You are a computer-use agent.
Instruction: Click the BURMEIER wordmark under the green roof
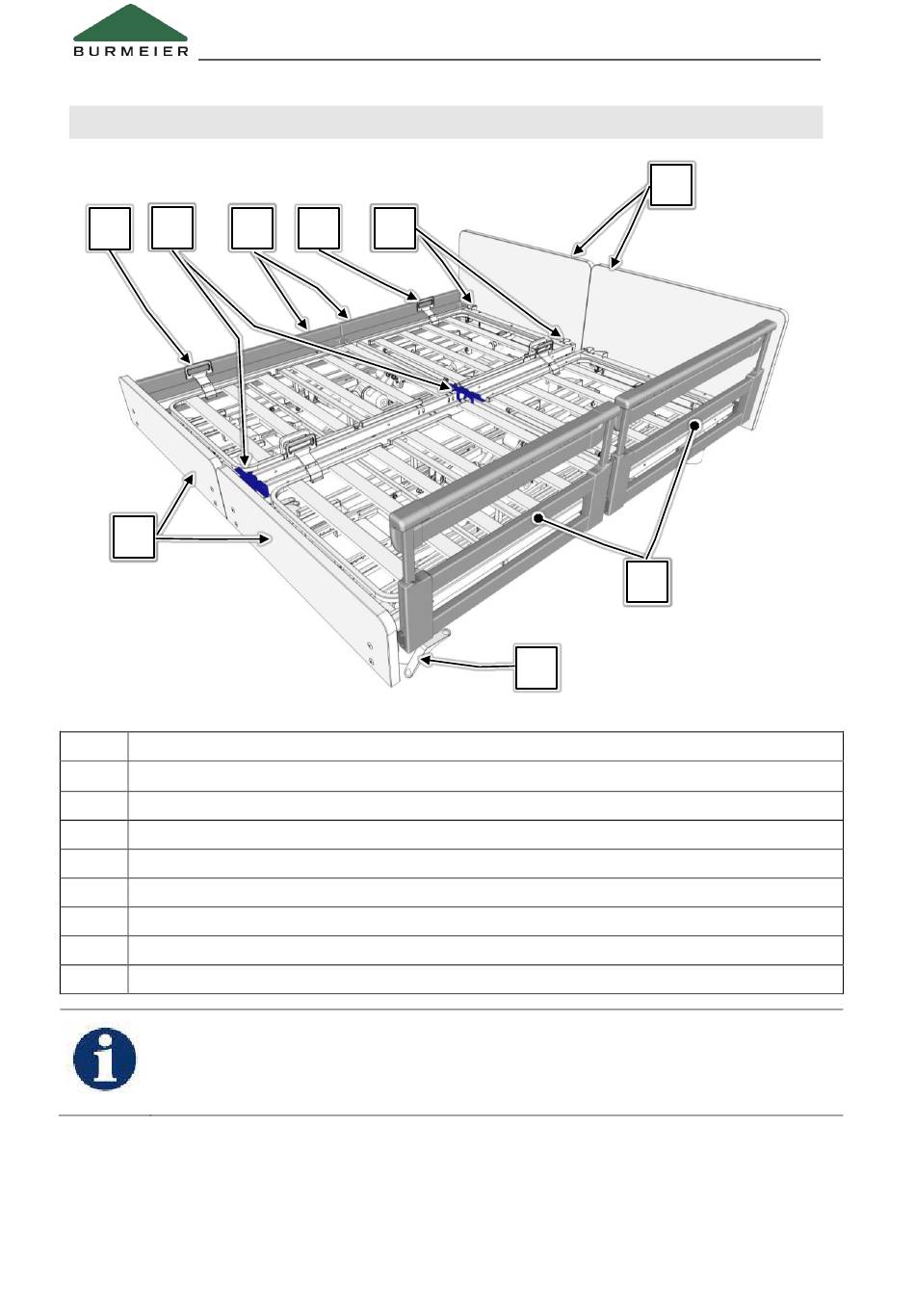click(x=131, y=51)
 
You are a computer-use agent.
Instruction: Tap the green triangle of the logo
click(x=130, y=22)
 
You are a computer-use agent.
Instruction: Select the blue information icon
click(x=105, y=1059)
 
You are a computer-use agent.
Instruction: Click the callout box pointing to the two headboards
click(x=671, y=185)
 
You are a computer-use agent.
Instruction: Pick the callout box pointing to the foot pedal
click(x=536, y=668)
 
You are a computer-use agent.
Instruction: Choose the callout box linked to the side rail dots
click(x=647, y=582)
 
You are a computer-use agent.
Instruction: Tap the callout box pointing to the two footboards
click(x=133, y=537)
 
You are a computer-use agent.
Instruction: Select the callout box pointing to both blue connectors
click(x=171, y=227)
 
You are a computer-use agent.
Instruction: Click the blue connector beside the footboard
click(x=251, y=481)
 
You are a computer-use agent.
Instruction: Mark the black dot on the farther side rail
click(x=694, y=426)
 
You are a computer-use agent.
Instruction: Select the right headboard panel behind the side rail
click(x=690, y=327)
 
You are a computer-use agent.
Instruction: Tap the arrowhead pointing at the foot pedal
click(x=426, y=661)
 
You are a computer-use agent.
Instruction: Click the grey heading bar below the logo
click(x=446, y=122)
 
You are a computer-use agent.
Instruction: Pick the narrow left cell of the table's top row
click(x=94, y=746)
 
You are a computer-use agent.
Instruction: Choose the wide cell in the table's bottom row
click(x=485, y=979)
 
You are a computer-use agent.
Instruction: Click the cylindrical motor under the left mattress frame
click(x=374, y=398)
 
